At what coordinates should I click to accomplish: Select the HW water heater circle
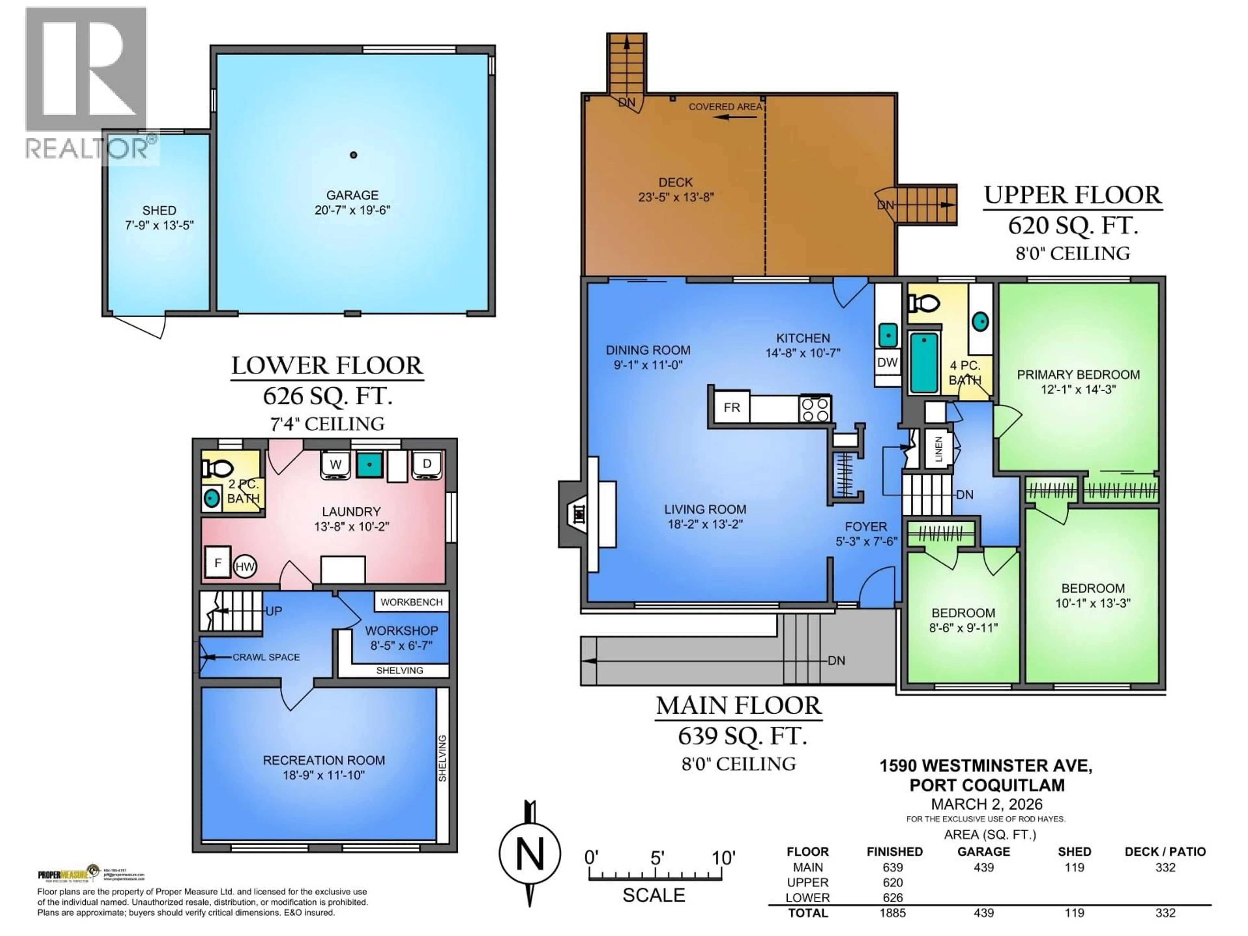[245, 566]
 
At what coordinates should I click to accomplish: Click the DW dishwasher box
[887, 362]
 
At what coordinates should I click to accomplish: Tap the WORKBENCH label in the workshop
[411, 602]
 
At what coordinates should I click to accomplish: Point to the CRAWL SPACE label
[266, 657]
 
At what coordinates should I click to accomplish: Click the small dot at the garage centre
[353, 155]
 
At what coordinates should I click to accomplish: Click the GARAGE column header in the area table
[983, 851]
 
